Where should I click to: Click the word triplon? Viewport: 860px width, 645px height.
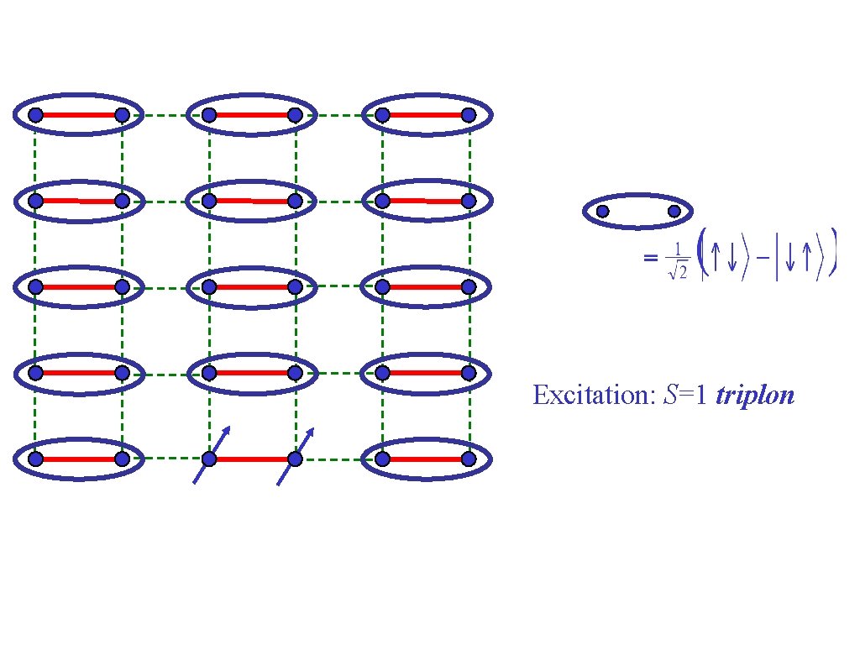pyautogui.click(x=754, y=395)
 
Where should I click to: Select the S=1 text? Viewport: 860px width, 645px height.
pyautogui.click(x=684, y=395)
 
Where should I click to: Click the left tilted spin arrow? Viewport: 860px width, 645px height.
pyautogui.click(x=211, y=454)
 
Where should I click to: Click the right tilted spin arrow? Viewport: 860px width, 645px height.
pyautogui.click(x=296, y=454)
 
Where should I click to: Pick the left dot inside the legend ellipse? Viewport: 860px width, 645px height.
pyautogui.click(x=602, y=212)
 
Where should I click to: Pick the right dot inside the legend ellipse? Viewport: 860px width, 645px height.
pyautogui.click(x=674, y=212)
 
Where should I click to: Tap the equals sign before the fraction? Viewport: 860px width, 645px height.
pyautogui.click(x=650, y=259)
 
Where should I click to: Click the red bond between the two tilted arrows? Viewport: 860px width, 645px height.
pyautogui.click(x=252, y=459)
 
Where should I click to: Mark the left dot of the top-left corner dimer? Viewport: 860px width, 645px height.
pyautogui.click(x=35, y=114)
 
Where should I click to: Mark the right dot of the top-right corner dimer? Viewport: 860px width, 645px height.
pyautogui.click(x=469, y=114)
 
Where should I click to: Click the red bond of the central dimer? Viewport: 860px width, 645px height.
pyautogui.click(x=252, y=286)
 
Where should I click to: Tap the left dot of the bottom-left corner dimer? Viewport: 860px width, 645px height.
pyautogui.click(x=35, y=459)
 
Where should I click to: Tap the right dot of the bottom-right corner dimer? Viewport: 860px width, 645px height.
pyautogui.click(x=469, y=459)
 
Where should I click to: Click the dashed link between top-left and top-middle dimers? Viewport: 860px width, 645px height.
pyautogui.click(x=165, y=114)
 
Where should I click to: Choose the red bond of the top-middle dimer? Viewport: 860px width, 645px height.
pyautogui.click(x=252, y=114)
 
